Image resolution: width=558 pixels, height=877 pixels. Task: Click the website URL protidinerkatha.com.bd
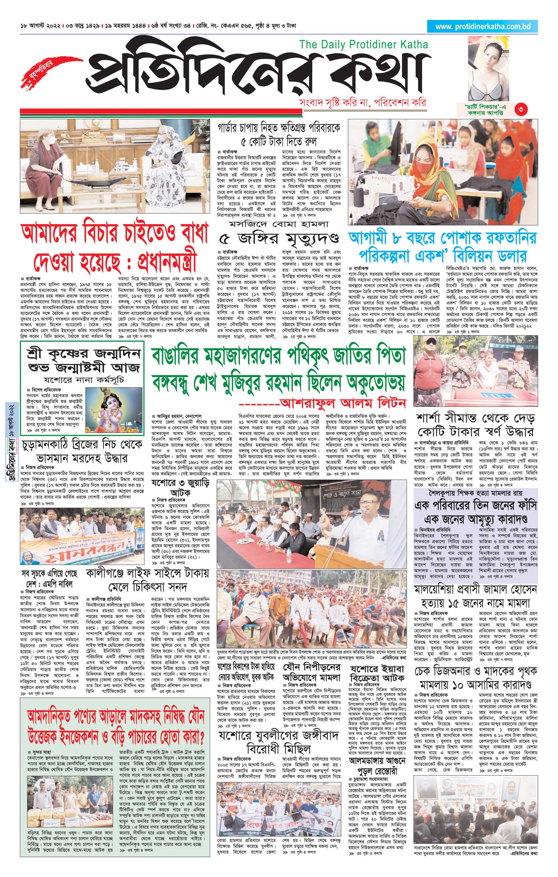click(483, 27)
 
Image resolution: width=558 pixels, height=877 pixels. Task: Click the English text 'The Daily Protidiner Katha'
click(363, 45)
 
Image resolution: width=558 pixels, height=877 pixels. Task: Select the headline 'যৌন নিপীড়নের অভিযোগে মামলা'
click(312, 672)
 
